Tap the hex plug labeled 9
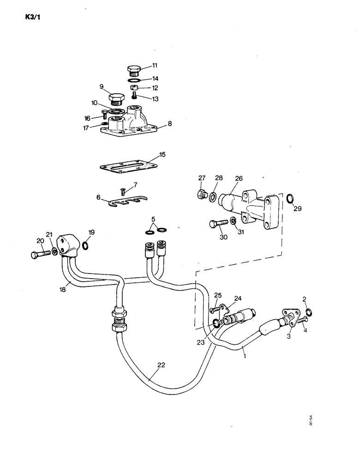coord(116,99)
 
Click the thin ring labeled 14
coord(135,80)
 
